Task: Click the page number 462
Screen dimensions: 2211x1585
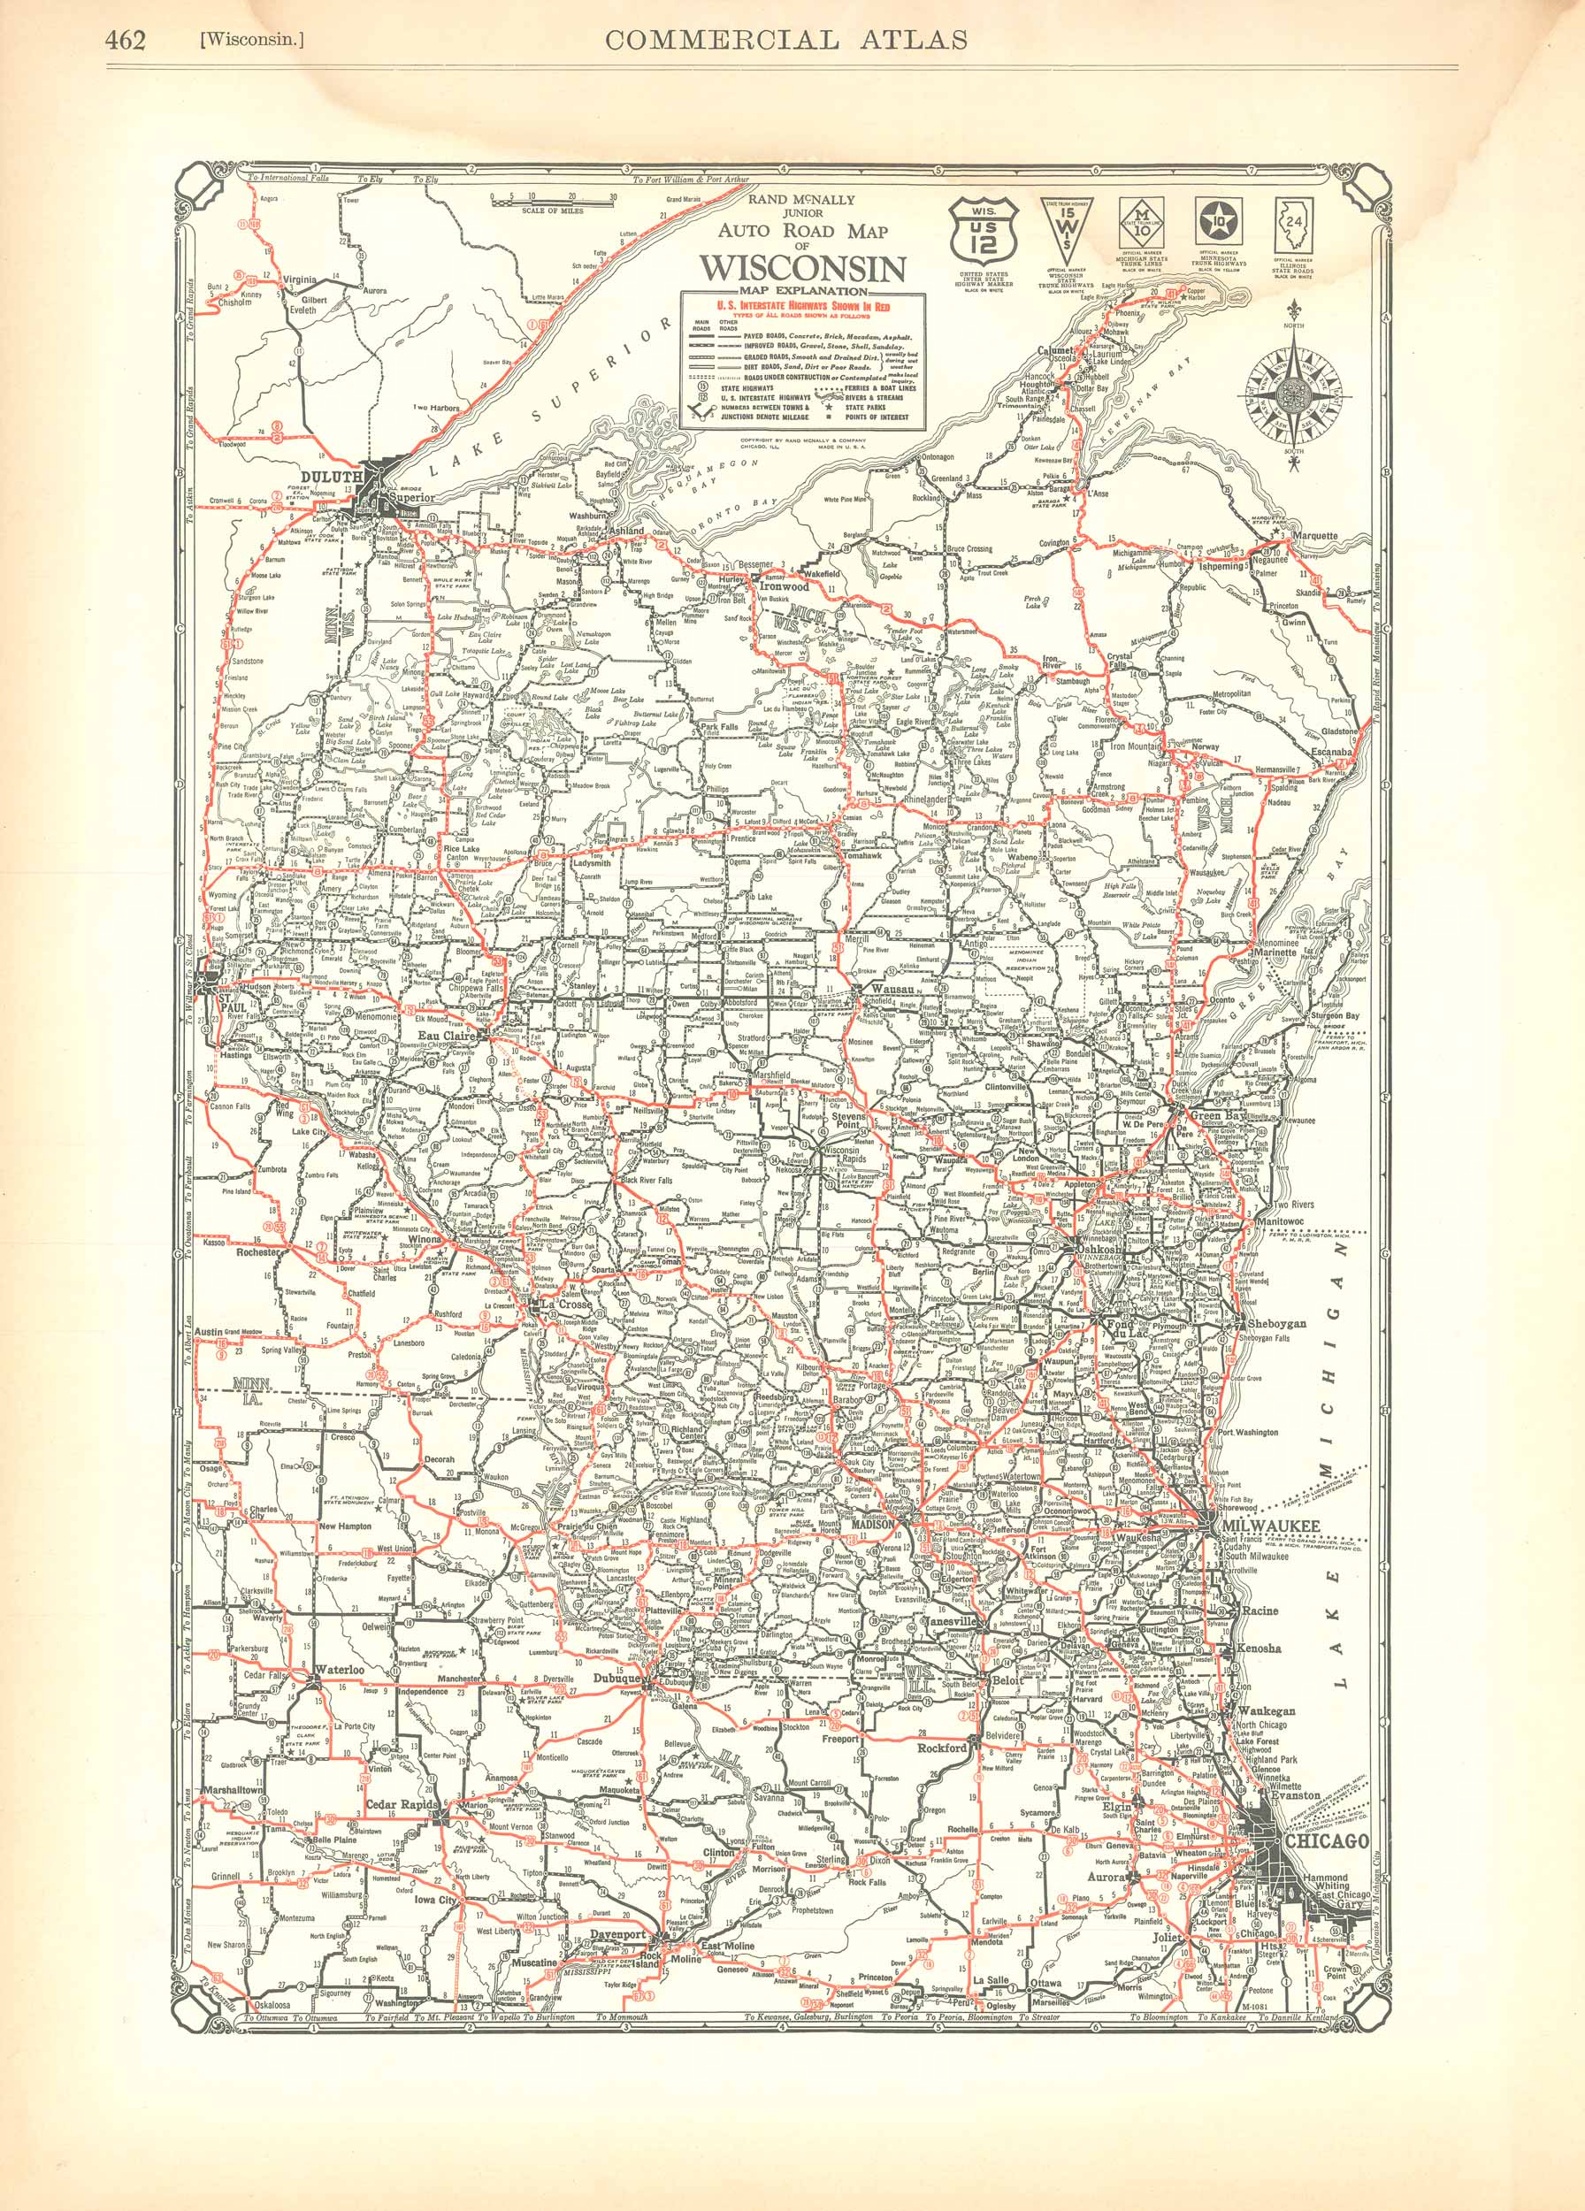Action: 126,40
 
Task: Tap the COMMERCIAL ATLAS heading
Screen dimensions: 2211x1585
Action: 785,39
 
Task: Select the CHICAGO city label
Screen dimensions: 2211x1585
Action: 1327,1840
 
